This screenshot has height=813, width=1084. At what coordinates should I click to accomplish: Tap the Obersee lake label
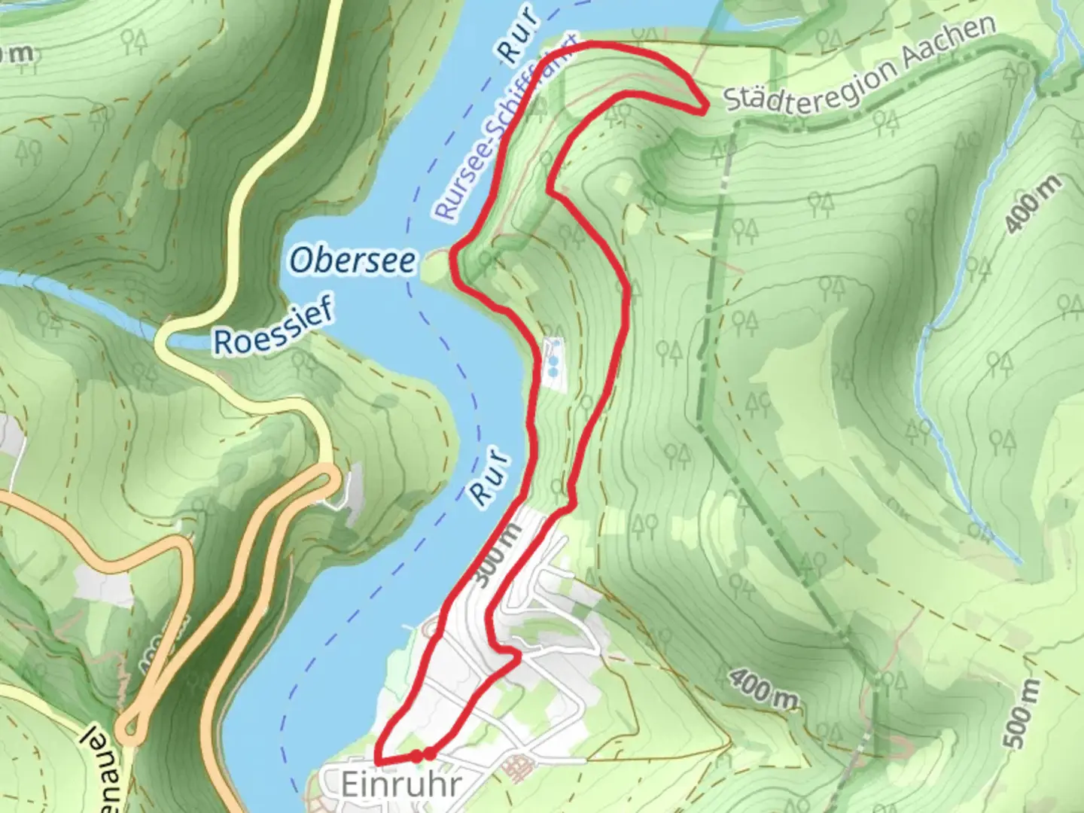tap(352, 261)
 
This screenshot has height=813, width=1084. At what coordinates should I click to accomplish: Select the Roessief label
tap(274, 328)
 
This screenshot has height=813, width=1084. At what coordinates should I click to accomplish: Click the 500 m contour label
tap(1022, 712)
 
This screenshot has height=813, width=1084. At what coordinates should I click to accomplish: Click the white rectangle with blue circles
tap(553, 364)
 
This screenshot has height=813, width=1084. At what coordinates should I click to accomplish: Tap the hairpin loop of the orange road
tap(135, 727)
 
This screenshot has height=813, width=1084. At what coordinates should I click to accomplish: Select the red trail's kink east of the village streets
tap(518, 656)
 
